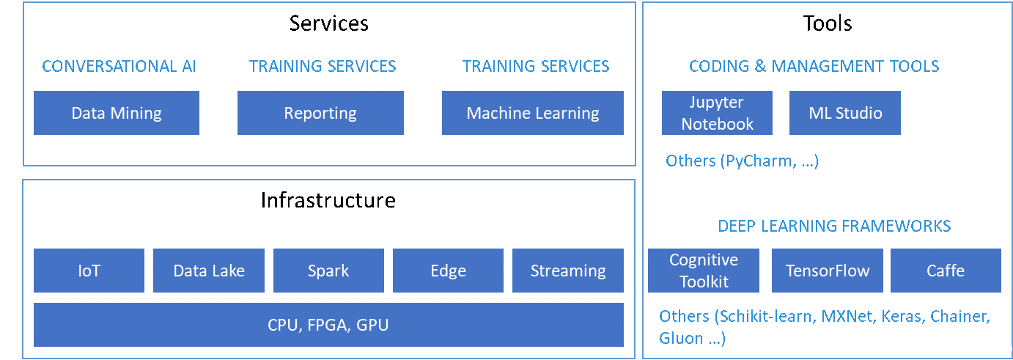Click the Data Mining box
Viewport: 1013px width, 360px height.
pos(117,113)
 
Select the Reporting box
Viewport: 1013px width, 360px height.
pos(320,113)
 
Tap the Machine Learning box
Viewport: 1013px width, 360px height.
pos(532,113)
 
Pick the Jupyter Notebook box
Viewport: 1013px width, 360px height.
pos(717,113)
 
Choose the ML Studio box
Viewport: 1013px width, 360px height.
pos(844,113)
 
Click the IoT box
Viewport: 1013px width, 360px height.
pos(89,271)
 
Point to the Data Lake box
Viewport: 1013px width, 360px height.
pos(208,271)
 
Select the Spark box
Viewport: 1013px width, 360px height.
pos(328,271)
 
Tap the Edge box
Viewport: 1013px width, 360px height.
pos(448,271)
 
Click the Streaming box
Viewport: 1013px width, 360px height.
pos(567,271)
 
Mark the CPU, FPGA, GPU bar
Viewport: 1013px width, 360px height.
pos(328,325)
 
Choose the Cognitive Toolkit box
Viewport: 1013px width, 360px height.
pos(703,271)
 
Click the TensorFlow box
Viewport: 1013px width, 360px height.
pos(827,271)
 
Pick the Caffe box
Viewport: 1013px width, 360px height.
pos(946,271)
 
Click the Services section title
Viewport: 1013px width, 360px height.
pos(329,23)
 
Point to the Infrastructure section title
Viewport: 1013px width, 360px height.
pos(328,200)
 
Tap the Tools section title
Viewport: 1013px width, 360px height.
pos(827,23)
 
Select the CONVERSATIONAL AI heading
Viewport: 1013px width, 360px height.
pos(119,66)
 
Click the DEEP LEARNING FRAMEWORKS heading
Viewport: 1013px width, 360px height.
pos(834,226)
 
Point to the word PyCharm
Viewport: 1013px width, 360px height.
pos(758,161)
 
